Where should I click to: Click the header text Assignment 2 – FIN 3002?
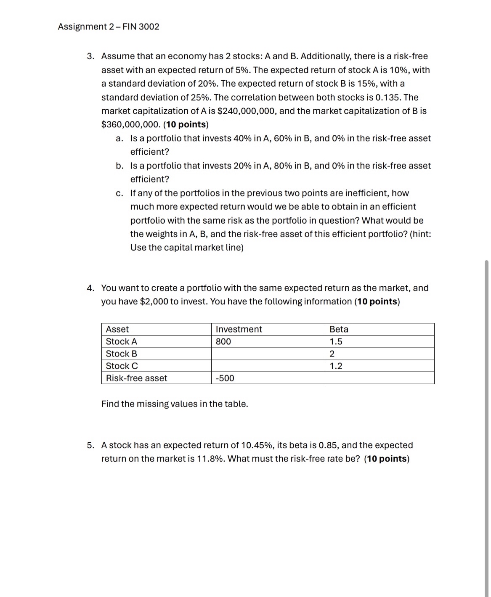tap(109, 27)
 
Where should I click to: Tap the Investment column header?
tap(239, 330)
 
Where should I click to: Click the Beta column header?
tap(339, 330)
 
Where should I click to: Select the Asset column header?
tap(117, 330)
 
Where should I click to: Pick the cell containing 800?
tap(223, 342)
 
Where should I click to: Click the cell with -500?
tap(225, 378)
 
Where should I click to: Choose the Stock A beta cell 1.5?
tap(336, 342)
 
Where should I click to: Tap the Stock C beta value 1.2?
tap(336, 366)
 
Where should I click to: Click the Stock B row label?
tap(122, 354)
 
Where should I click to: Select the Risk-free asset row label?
tap(136, 378)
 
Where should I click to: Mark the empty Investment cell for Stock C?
tap(268, 366)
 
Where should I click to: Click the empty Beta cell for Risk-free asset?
tap(379, 378)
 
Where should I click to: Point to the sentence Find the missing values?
tap(175, 404)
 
